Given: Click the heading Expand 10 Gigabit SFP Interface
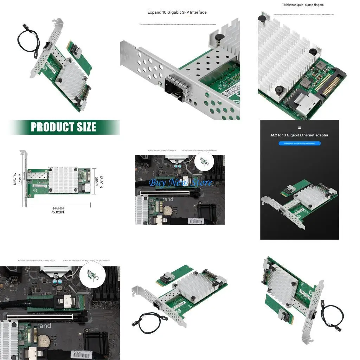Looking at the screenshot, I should [177, 12].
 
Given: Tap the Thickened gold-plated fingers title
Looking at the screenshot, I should [303, 5].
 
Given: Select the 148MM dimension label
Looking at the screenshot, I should [58, 208].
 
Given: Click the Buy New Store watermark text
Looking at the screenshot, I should [180, 182].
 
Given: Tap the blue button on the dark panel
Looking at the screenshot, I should [299, 143].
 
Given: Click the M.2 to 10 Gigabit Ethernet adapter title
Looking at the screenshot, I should [300, 135].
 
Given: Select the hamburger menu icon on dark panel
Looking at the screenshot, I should [300, 128].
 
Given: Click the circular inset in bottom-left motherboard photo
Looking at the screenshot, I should [92, 276].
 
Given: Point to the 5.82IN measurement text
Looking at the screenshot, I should [58, 212].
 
